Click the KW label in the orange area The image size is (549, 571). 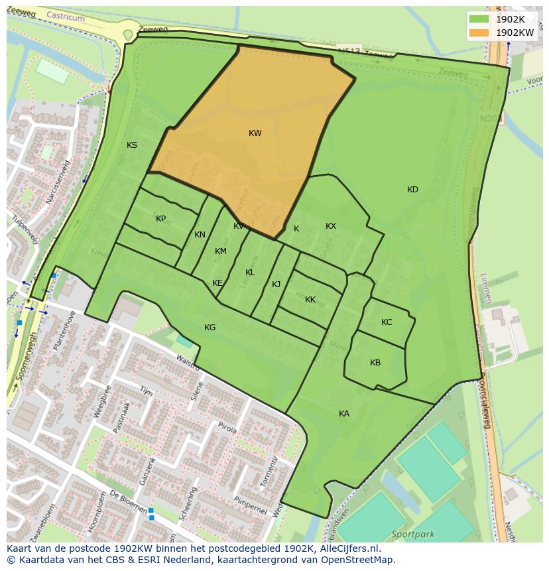(255, 133)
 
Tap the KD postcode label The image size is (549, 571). (412, 190)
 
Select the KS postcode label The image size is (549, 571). (132, 145)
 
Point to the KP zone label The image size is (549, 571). (160, 219)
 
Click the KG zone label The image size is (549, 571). (210, 328)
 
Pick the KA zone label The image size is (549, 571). (343, 414)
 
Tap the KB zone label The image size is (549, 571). (375, 363)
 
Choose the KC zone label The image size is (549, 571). (387, 322)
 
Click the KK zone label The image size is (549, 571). (310, 300)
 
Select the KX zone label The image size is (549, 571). (331, 226)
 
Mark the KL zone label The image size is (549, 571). (250, 273)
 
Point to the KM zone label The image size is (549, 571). (221, 251)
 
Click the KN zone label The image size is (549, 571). (200, 235)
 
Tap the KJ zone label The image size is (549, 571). (276, 285)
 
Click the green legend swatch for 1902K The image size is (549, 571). (478, 19)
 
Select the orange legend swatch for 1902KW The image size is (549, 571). (478, 32)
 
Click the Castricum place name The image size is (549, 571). (67, 18)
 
